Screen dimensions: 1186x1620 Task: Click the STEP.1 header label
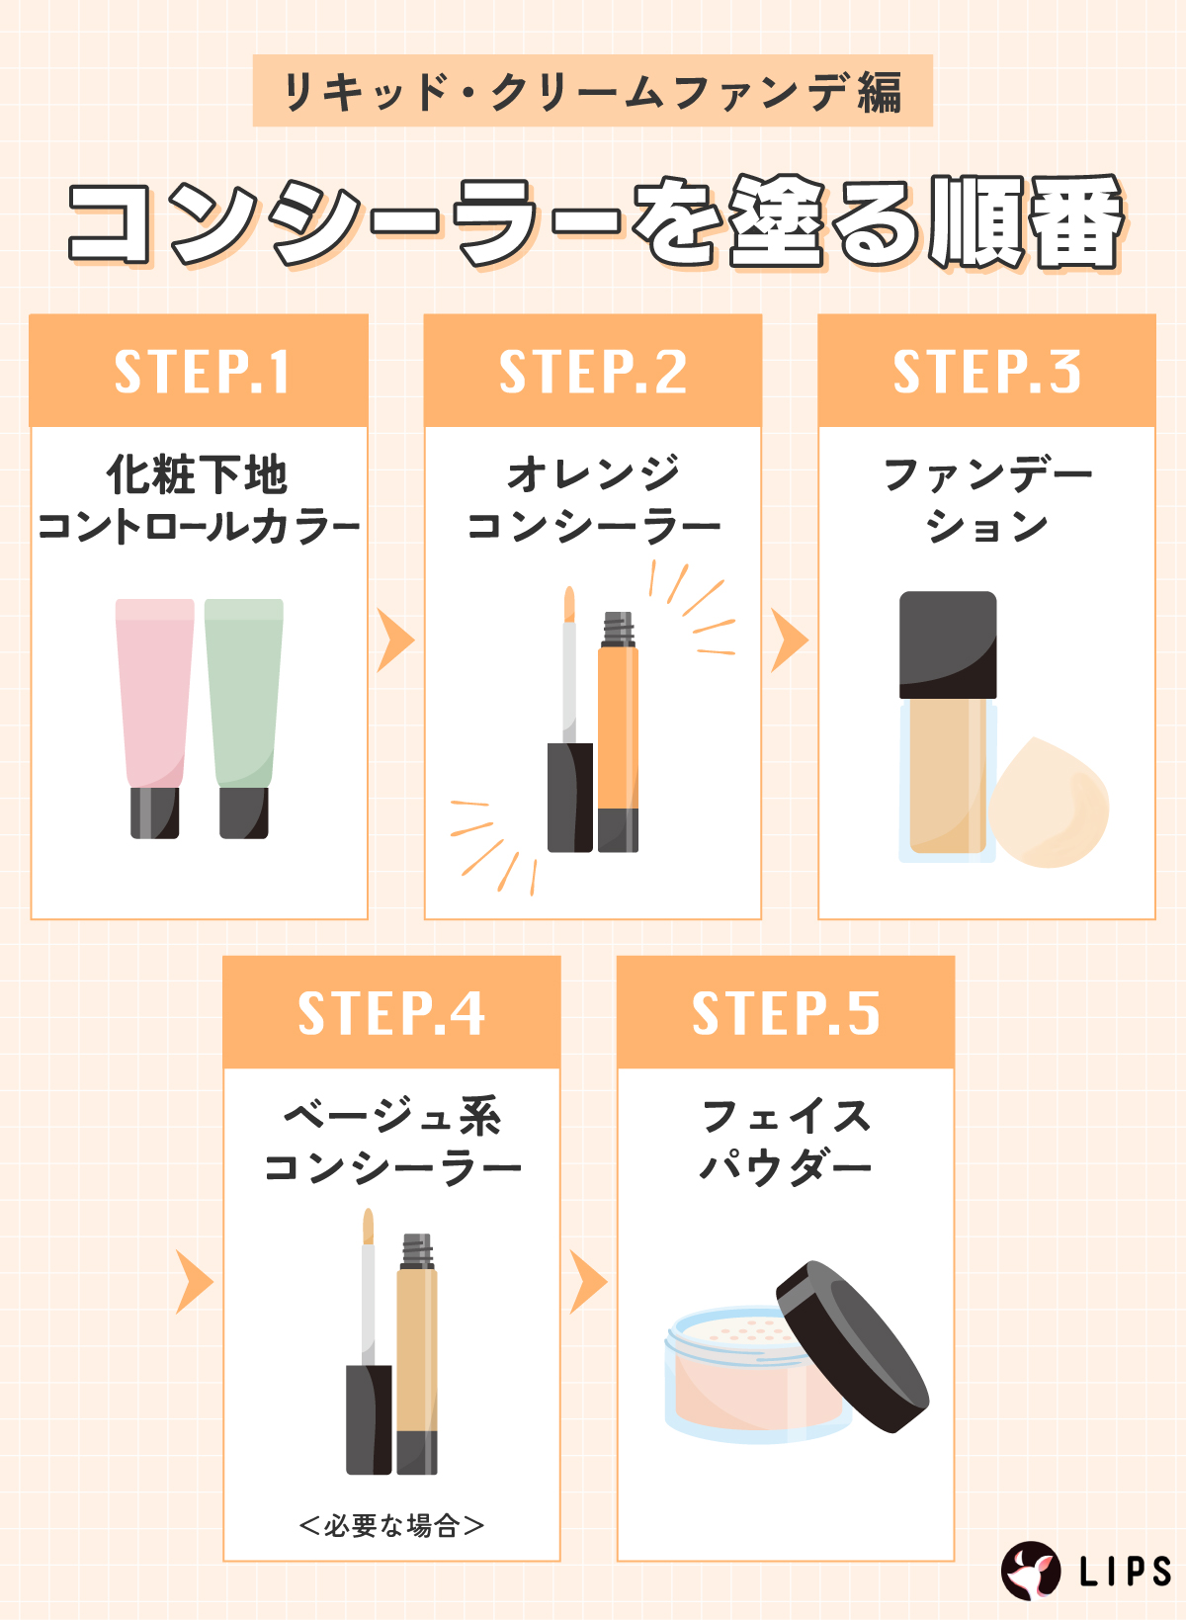click(x=202, y=372)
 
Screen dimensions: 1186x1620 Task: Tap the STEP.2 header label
click(x=593, y=372)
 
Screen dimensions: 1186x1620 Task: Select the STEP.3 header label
click(x=987, y=372)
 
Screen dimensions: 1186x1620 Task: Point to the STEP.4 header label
click(x=391, y=1013)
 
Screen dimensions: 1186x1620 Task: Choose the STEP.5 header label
click(x=786, y=1013)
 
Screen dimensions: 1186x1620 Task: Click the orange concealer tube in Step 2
click(x=619, y=731)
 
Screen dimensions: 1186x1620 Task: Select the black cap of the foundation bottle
click(x=948, y=645)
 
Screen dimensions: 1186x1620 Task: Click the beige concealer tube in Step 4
click(x=416, y=1354)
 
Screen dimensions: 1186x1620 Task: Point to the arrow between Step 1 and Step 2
click(x=395, y=640)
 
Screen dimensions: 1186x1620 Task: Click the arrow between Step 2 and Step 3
click(x=789, y=640)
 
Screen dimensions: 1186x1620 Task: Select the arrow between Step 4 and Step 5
click(x=588, y=1282)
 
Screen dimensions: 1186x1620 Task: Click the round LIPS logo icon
click(x=1031, y=1571)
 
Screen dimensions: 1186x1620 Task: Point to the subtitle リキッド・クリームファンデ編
click(x=593, y=92)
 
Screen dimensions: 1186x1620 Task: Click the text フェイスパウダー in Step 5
click(x=786, y=1142)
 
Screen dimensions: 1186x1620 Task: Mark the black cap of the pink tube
click(x=155, y=812)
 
